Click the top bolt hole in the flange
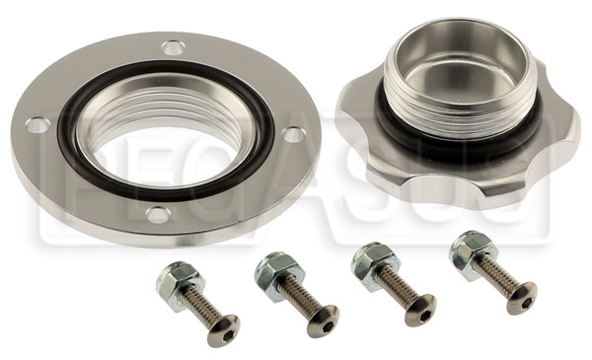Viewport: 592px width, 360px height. pos(174,48)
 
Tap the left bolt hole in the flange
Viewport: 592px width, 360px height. pos(37,125)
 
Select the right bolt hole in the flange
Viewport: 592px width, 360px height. pos(294,134)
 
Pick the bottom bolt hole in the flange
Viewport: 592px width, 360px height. pos(158,215)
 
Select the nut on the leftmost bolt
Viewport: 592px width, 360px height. pos(181,280)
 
